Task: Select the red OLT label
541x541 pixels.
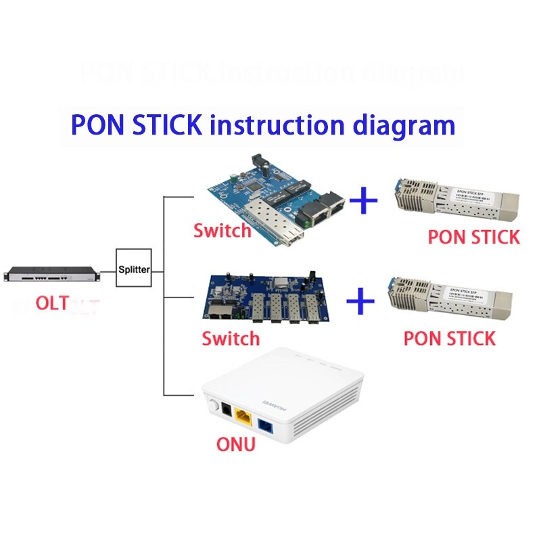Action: coord(51,304)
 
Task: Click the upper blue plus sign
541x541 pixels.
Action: coord(365,201)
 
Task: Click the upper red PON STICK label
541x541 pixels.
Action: coord(473,237)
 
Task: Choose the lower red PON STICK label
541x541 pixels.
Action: coord(450,337)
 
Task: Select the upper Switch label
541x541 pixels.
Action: coord(222,231)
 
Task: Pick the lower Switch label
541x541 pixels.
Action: coord(231,337)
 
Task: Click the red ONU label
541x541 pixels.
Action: coord(235,444)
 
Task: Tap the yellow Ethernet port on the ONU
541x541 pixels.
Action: coord(243,416)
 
